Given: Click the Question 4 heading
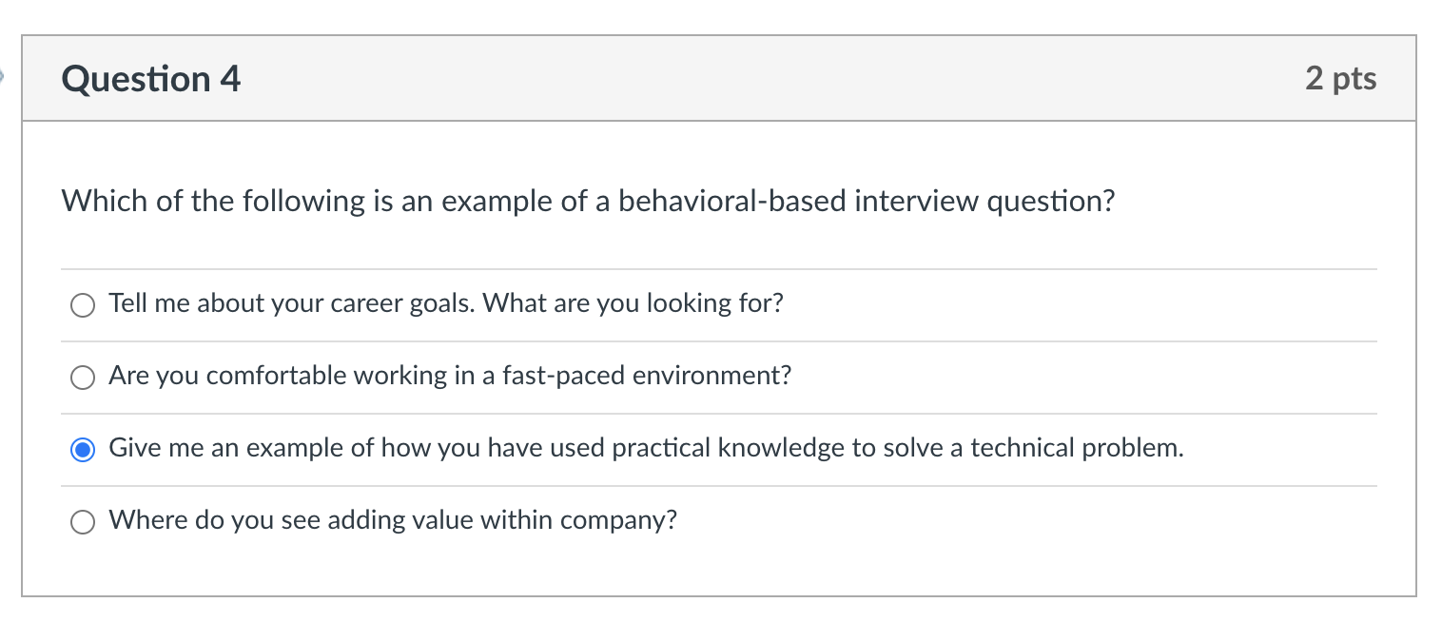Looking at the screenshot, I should (150, 79).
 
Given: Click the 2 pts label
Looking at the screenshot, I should (1340, 79).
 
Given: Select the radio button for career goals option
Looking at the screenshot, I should (83, 305).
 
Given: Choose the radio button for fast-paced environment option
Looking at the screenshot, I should (83, 378).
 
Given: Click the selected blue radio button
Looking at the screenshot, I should (83, 450).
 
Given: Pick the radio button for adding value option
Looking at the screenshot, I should (83, 522).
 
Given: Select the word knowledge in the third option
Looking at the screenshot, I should (781, 448).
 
